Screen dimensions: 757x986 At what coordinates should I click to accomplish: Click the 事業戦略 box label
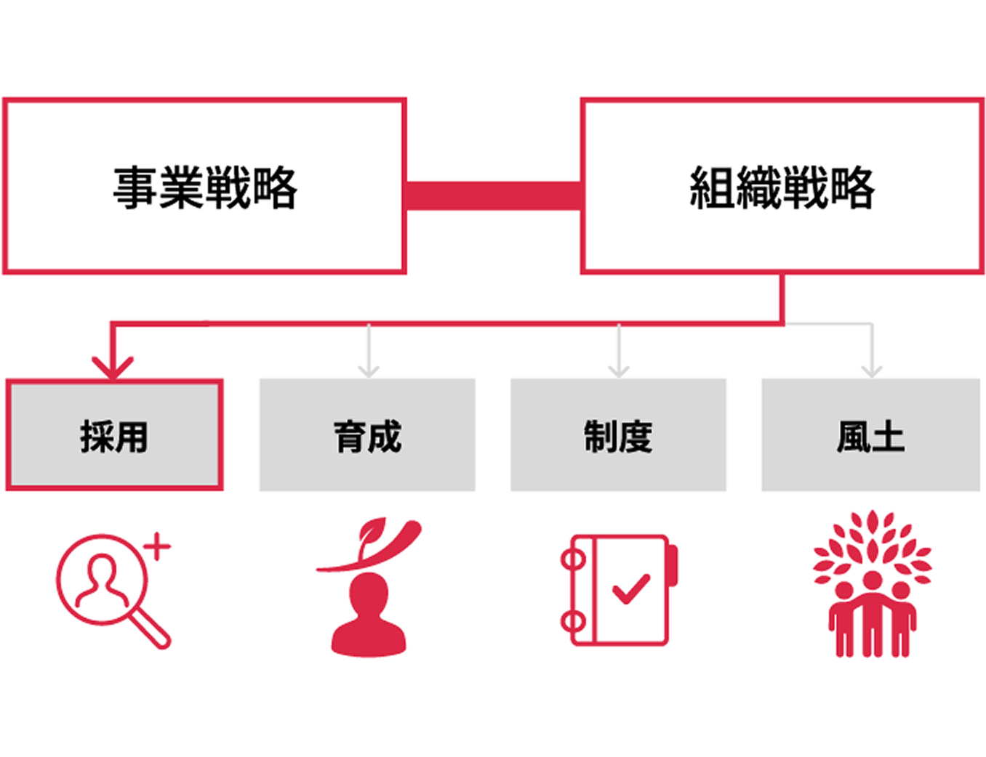205,187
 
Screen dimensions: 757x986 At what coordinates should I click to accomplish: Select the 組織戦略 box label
782,187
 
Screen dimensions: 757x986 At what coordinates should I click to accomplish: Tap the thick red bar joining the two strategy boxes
493,195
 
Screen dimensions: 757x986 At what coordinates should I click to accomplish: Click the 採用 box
114,435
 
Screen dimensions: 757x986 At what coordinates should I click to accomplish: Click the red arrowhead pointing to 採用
112,366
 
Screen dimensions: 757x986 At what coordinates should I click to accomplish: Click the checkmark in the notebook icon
630,588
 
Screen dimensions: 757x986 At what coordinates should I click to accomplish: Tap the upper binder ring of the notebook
573,560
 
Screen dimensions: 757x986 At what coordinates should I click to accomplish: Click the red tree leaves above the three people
872,545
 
